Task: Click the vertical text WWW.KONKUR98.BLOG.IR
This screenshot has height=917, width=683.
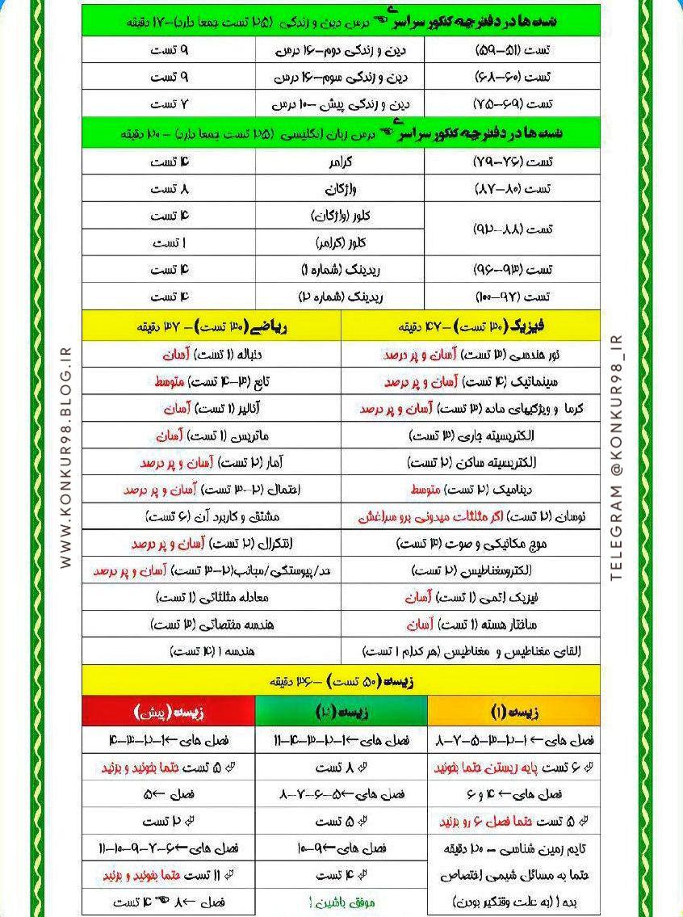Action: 66,458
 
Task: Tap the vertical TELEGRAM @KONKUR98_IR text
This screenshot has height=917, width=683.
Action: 617,458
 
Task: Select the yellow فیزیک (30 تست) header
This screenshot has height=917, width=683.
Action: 471,327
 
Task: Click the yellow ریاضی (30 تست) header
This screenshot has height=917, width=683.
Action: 212,327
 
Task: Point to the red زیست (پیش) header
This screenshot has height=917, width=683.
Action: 168,712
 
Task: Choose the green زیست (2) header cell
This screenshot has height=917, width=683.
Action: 341,712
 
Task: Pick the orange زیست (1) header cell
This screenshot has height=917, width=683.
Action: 514,712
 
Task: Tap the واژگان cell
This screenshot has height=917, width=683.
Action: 340,189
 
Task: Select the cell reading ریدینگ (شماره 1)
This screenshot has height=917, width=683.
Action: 340,269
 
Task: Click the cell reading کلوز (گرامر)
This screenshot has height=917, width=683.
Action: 340,242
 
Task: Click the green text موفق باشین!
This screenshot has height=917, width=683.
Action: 340,902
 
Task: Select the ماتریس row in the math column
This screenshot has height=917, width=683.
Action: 212,436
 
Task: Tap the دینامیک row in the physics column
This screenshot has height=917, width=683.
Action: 471,490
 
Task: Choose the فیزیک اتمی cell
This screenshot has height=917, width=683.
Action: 471,597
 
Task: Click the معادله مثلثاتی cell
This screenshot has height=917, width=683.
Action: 212,597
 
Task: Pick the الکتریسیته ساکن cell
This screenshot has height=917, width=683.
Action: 471,463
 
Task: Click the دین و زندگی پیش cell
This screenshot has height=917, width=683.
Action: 340,104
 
